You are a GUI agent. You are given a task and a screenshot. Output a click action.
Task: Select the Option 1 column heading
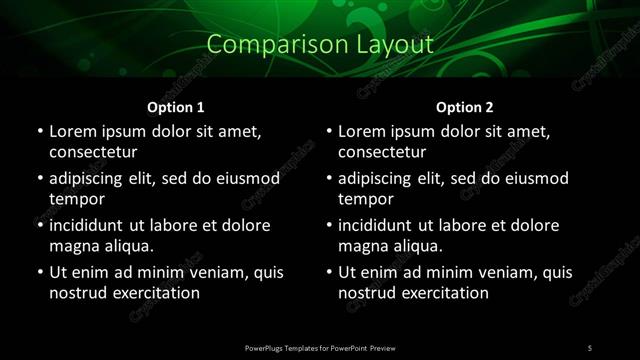(x=175, y=107)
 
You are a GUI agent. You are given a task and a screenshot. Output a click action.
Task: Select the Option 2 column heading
(x=465, y=107)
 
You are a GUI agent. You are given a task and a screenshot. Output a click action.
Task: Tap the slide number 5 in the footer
(x=589, y=347)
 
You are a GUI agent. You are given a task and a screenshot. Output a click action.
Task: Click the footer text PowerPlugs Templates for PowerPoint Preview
(x=320, y=347)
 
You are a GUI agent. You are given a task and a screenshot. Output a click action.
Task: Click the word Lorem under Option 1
(x=73, y=131)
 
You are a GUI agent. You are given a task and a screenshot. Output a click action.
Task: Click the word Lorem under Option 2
(x=362, y=131)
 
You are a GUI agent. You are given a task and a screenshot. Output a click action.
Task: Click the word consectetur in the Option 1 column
(x=93, y=152)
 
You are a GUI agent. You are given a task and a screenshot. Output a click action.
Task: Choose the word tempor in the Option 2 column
(x=365, y=199)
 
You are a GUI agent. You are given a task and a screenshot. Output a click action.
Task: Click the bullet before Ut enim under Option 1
(x=39, y=272)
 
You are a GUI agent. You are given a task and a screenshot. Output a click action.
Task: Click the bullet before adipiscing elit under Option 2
(x=328, y=178)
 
